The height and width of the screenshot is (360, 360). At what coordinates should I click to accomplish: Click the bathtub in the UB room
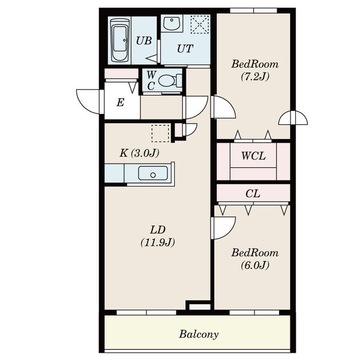119,40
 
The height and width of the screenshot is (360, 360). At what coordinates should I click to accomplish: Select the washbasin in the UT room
172,23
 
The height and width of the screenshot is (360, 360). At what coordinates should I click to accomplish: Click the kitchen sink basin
153,173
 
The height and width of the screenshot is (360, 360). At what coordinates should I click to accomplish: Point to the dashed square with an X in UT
200,25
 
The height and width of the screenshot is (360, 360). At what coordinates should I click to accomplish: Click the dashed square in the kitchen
160,133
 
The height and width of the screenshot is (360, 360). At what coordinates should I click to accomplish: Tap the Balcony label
199,334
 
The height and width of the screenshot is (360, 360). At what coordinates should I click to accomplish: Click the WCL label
253,156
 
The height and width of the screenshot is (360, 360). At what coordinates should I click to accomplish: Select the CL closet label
253,194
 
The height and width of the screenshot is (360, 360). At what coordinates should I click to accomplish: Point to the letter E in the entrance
121,103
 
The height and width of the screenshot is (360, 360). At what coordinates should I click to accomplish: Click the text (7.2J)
255,77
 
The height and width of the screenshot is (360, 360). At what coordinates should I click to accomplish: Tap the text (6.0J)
255,265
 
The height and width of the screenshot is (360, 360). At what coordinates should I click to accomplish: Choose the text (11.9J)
158,242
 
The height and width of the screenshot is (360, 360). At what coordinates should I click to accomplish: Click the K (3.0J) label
139,153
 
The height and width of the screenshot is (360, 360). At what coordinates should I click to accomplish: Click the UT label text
185,49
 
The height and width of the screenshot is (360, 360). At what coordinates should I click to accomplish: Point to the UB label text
144,41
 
